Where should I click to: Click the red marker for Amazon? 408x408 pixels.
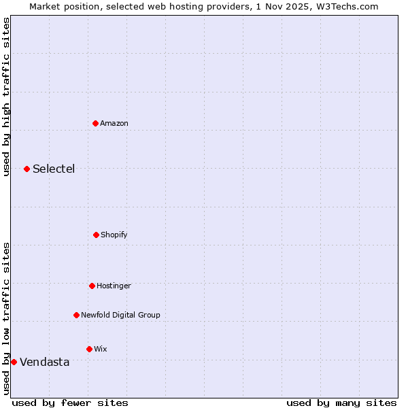[x=95, y=123]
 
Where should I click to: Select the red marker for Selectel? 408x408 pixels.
[x=27, y=169]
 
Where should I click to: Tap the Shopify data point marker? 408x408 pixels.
[x=96, y=235]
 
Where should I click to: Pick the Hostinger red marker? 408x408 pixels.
[x=92, y=286]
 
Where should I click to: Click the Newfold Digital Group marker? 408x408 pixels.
[x=76, y=315]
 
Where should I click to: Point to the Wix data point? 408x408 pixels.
[x=89, y=349]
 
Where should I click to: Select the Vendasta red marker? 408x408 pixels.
[x=14, y=362]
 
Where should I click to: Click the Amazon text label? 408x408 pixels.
[x=114, y=123]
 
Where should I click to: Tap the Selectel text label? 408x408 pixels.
[x=54, y=169]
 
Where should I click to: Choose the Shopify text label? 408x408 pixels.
[x=114, y=235]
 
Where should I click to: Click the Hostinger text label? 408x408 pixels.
[x=114, y=286]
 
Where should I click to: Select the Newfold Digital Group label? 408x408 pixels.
[x=120, y=315]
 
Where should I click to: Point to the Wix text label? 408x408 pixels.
[x=101, y=349]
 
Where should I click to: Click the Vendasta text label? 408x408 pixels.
[x=44, y=362]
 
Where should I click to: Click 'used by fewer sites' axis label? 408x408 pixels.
[x=70, y=403]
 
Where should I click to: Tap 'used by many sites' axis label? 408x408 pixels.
[x=341, y=403]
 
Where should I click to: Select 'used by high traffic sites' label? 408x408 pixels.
[x=6, y=97]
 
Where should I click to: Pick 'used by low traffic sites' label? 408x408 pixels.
[x=6, y=318]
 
